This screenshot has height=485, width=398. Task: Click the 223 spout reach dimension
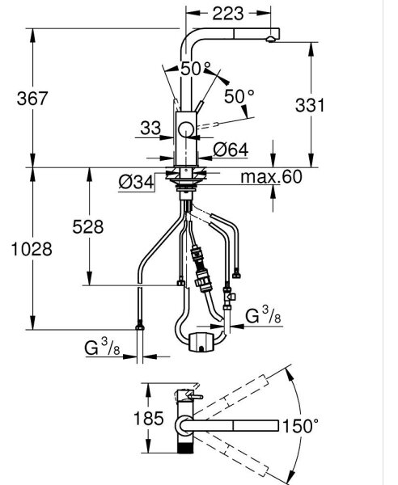tap(228, 14)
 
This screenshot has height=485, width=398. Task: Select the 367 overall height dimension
tap(32, 99)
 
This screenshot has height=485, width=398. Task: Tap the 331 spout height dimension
tap(310, 105)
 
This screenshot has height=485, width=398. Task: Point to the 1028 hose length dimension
tap(32, 249)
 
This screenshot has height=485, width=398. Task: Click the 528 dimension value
tap(88, 226)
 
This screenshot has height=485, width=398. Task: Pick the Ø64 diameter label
tap(231, 150)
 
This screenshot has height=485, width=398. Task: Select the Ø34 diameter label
tap(136, 182)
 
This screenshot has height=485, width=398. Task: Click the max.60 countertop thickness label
tap(271, 176)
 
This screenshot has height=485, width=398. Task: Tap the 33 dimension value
tap(150, 128)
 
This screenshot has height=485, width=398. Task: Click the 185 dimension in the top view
tap(149, 419)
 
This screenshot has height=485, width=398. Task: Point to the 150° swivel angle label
tap(300, 426)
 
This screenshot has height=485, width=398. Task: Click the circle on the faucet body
tap(186, 129)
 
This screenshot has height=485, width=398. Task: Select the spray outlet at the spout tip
tap(270, 39)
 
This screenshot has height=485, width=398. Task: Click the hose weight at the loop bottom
tap(201, 342)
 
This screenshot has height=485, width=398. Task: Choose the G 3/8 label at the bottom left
tap(102, 347)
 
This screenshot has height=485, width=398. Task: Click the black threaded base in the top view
tap(185, 448)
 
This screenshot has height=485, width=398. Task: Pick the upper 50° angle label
tap(196, 69)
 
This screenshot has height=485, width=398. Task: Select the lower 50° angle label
tap(239, 96)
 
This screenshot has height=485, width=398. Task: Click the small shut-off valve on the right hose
tap(228, 297)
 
